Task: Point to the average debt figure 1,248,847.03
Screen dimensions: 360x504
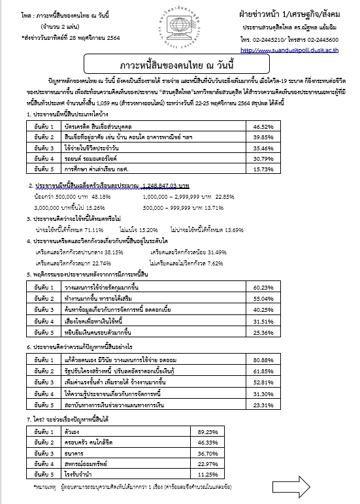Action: (x=155, y=186)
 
